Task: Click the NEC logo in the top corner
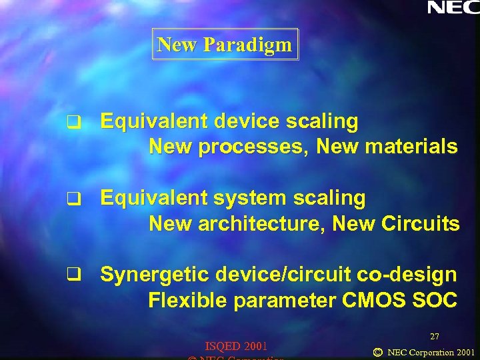(453, 7)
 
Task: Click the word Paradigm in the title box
(247, 45)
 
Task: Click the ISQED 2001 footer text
(236, 346)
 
